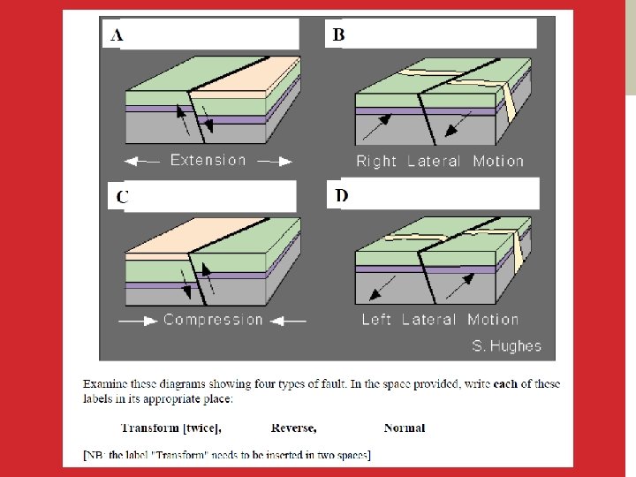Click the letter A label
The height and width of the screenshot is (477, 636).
(117, 35)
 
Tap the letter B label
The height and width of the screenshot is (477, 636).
(338, 34)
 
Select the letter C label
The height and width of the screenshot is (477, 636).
(123, 197)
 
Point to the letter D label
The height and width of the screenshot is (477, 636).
(342, 195)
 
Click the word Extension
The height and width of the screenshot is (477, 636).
(208, 160)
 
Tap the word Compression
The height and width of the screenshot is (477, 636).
(213, 320)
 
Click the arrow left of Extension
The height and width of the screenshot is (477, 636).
(141, 162)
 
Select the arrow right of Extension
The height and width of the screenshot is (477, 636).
(275, 162)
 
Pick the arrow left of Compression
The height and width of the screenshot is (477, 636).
(138, 322)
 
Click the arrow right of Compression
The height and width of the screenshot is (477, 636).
(288, 322)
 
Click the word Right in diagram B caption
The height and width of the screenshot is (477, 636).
(376, 162)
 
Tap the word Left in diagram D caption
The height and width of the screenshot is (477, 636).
(376, 320)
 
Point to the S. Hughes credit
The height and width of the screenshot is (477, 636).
(507, 346)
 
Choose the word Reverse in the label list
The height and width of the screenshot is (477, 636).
(293, 428)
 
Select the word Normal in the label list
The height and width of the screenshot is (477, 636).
(405, 428)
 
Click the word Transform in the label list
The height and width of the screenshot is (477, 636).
(150, 428)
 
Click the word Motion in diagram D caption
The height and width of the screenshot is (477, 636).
(493, 320)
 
